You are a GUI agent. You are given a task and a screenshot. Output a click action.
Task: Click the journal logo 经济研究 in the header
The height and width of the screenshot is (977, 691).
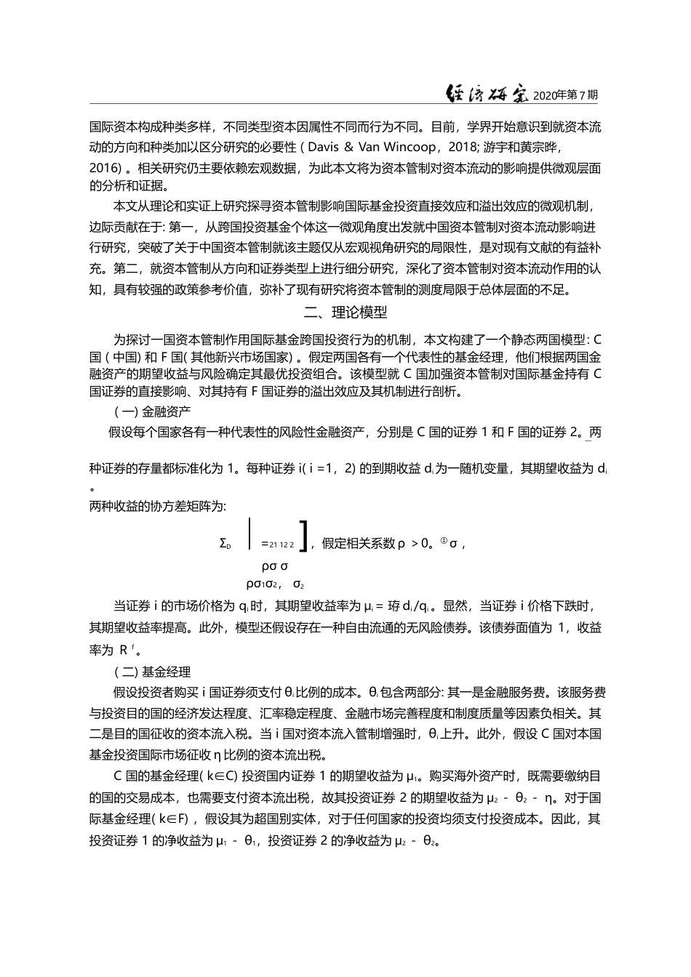tap(487, 94)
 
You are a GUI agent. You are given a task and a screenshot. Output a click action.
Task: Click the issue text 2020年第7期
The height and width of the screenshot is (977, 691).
tap(565, 95)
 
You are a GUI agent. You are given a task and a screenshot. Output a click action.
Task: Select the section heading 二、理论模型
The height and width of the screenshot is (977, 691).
tap(345, 313)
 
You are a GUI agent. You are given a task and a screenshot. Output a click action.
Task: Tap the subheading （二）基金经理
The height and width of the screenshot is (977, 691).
tap(143, 672)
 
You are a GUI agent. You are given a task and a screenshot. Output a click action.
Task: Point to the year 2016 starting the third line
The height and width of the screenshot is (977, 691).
tap(104, 168)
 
